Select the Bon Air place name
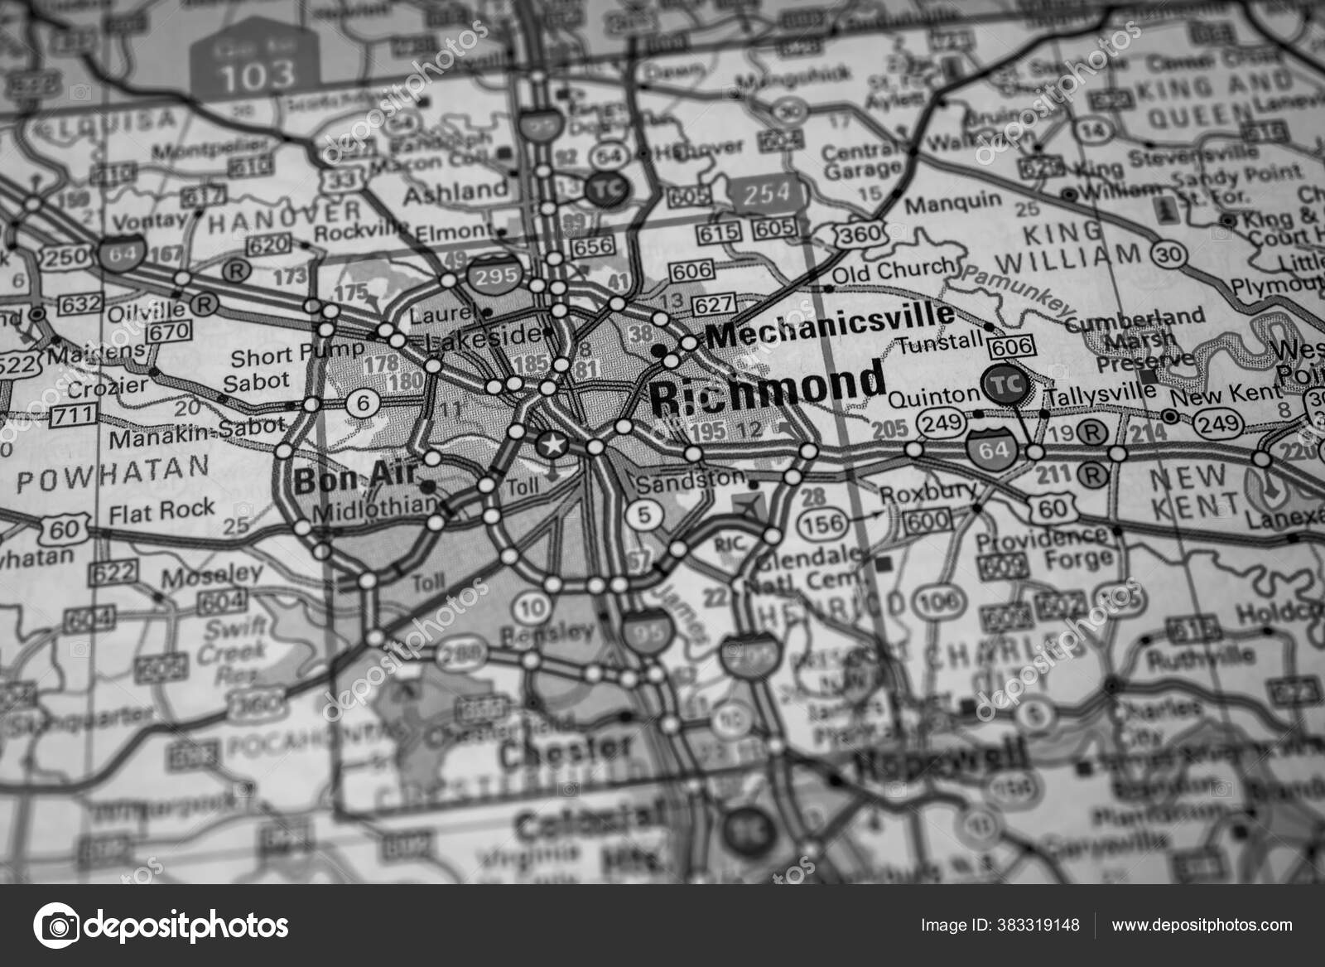pos(352,477)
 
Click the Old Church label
pos(893,270)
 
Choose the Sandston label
pos(690,479)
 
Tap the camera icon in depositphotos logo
pos(56,925)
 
